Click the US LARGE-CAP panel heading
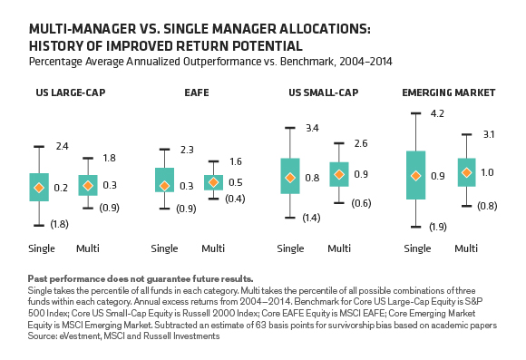click(x=71, y=92)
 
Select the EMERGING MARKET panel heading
click(x=449, y=92)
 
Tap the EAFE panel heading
click(x=197, y=92)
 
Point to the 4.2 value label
click(x=437, y=113)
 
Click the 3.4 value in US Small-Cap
click(x=312, y=128)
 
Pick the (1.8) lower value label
click(x=59, y=224)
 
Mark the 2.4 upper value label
click(x=62, y=146)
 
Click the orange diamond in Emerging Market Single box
click(x=415, y=176)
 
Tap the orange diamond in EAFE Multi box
click(x=213, y=182)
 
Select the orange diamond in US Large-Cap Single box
click(x=39, y=188)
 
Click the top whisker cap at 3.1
click(x=467, y=134)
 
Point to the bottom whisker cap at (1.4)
click(x=290, y=218)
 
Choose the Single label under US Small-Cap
click(x=290, y=248)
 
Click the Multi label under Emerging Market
click(x=466, y=248)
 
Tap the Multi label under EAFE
click(x=213, y=248)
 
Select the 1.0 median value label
click(x=487, y=172)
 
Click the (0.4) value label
click(x=235, y=199)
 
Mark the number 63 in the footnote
click(x=261, y=325)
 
